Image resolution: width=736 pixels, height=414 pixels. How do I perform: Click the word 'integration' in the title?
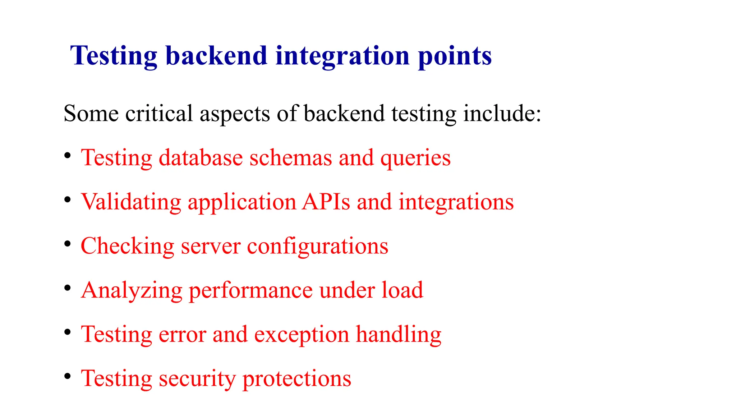[x=342, y=56]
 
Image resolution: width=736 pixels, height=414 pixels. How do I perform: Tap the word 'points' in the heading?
[x=455, y=56]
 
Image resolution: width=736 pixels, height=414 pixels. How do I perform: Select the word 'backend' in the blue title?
[x=216, y=56]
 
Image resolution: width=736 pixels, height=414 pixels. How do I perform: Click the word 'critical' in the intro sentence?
[x=159, y=114]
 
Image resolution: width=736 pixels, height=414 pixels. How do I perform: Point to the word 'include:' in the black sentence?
[x=502, y=114]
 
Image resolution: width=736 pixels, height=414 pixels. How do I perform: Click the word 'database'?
[x=201, y=158]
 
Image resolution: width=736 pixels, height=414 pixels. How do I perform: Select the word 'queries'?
[x=415, y=158]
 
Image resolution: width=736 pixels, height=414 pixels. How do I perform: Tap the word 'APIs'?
[x=326, y=202]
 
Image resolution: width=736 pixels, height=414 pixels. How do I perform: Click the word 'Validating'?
[x=131, y=202]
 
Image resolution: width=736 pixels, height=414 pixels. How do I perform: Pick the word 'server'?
[x=211, y=247]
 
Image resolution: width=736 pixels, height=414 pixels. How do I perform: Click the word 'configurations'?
[x=318, y=247]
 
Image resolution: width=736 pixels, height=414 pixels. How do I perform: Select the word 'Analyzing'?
[x=132, y=291]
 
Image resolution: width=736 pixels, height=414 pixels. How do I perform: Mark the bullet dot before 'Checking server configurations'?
[x=67, y=244]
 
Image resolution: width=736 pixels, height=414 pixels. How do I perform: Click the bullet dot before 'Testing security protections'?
[x=67, y=377]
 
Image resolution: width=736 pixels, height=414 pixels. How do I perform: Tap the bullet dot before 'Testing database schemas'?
[x=67, y=156]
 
